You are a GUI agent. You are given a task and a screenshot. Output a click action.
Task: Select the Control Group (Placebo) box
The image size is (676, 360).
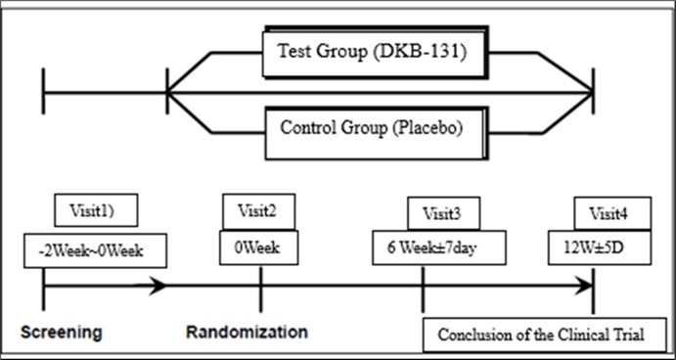coord(371,128)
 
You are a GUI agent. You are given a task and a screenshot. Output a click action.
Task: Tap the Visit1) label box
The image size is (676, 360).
coord(95,208)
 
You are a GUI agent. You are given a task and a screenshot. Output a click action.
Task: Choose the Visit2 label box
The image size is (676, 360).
coord(258,209)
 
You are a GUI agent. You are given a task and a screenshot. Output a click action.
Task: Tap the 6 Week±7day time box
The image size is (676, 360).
coord(438,247)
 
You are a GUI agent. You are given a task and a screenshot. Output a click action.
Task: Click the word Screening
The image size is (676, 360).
coord(62,332)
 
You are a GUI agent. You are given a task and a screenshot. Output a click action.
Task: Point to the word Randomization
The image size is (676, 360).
coord(247,332)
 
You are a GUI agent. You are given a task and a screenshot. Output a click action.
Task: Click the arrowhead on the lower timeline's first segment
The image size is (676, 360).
coord(158,287)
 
